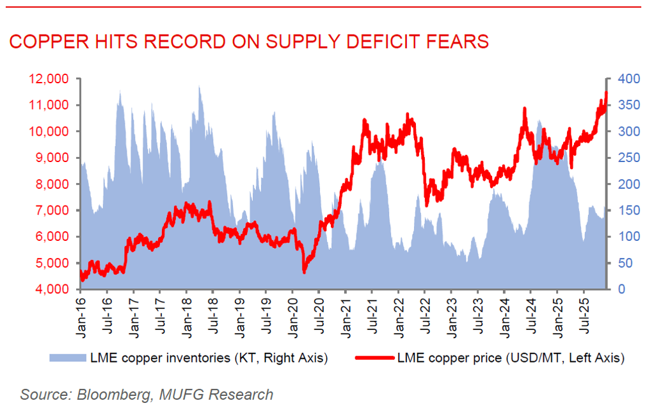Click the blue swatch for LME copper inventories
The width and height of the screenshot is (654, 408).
tap(67, 357)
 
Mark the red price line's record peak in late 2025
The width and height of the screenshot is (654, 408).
tap(606, 93)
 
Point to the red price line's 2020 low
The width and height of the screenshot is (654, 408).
tap(304, 272)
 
